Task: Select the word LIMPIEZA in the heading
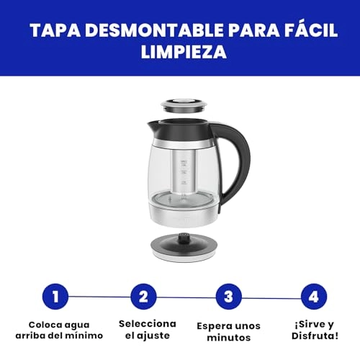179,53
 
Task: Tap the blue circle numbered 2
143,296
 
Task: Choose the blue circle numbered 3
228,296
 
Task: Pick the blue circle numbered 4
312,296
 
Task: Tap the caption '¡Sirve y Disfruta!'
313,329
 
